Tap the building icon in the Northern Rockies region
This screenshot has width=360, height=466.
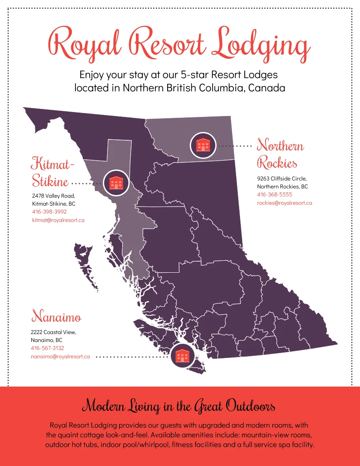203,145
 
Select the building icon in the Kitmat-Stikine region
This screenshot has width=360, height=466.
116,182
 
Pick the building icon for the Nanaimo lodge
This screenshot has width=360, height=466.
183,356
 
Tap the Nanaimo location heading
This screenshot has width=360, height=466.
56,317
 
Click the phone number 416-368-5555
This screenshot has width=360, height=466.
274,195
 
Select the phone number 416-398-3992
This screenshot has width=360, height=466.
49,211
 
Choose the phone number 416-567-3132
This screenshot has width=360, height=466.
47,348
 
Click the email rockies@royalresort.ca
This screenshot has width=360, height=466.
285,203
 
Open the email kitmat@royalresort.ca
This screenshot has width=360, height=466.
58,220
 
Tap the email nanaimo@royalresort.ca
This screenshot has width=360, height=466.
60,357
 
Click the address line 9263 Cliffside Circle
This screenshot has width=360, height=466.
282,179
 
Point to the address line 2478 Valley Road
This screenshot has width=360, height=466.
53,195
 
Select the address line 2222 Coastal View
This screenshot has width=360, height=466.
53,332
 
